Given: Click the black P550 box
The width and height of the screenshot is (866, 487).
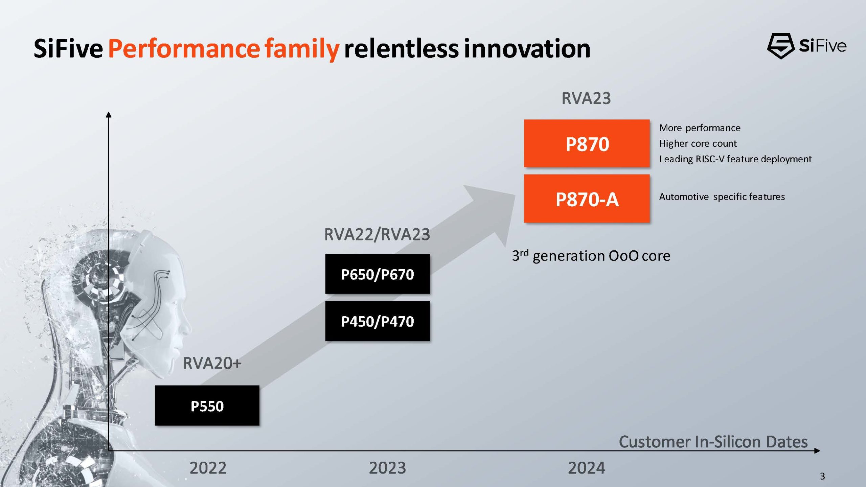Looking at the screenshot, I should [207, 405].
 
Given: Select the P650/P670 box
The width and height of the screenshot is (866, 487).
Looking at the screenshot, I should [378, 274].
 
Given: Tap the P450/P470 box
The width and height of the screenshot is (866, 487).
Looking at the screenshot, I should [378, 321].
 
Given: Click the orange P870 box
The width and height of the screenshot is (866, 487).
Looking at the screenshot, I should [587, 143].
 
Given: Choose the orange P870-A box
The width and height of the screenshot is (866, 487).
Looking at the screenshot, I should [587, 199].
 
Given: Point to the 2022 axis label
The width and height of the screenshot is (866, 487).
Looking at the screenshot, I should [208, 468].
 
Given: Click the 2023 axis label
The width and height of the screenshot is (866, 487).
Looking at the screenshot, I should [387, 468].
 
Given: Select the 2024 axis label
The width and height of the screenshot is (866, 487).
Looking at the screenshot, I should [586, 468].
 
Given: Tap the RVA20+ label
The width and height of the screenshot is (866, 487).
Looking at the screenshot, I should [212, 363].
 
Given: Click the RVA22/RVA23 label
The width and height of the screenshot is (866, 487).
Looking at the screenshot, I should [377, 234].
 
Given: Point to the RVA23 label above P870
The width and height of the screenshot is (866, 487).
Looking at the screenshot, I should [586, 98].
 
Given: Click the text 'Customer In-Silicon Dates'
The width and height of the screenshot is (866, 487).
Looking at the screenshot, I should [713, 442].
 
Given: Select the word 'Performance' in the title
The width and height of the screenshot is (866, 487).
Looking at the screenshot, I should [184, 48].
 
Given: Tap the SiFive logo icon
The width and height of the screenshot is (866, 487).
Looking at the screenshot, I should [780, 46].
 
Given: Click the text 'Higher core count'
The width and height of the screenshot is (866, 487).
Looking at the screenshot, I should [698, 143].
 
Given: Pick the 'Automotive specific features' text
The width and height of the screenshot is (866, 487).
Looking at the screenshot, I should [722, 197].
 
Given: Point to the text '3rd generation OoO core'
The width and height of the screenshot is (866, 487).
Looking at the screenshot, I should [591, 256].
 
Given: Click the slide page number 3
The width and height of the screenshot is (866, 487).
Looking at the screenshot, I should [822, 476].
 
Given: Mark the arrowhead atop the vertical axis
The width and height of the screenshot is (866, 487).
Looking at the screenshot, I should [109, 115].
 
